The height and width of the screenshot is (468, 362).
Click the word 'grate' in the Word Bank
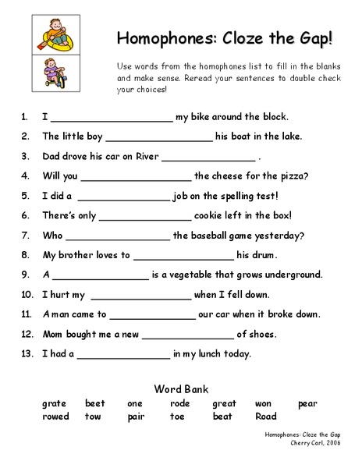(53, 403)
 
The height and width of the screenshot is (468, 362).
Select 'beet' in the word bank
(95, 403)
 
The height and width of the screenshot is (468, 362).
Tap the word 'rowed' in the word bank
(55, 417)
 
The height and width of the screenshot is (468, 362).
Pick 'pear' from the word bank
(307, 403)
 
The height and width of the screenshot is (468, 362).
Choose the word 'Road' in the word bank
(266, 417)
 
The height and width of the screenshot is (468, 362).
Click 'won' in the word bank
(263, 403)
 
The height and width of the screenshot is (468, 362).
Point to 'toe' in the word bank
(178, 417)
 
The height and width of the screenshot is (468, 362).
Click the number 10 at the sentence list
(27, 295)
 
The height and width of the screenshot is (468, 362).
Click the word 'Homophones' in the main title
(163, 38)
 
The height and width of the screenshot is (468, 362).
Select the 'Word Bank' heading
(181, 388)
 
